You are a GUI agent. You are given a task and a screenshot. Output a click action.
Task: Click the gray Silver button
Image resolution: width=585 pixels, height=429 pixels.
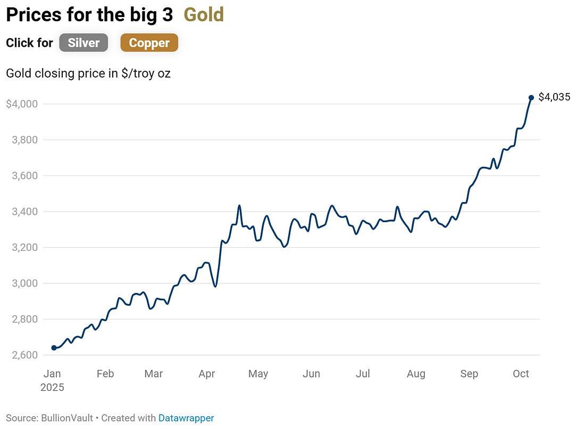click(83, 43)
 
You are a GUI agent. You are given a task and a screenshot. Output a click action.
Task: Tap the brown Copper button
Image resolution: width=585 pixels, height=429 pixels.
click(149, 43)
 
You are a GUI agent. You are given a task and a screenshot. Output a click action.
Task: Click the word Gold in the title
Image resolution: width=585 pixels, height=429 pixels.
click(204, 15)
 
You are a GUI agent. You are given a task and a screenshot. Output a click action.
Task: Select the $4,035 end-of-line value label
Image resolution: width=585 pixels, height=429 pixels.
click(554, 97)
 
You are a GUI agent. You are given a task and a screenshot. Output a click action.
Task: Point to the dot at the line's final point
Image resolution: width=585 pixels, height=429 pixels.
click(531, 98)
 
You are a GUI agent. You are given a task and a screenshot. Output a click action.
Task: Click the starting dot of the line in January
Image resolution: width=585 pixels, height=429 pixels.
click(54, 348)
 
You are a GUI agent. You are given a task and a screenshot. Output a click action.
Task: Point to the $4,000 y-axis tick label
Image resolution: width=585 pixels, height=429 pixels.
click(22, 104)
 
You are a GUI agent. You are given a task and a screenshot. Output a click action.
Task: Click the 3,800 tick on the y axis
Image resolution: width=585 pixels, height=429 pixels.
click(24, 140)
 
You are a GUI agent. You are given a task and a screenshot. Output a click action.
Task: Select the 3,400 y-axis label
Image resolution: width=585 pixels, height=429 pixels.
click(24, 212)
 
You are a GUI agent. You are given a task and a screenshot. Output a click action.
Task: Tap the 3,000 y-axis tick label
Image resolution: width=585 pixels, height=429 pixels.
click(24, 283)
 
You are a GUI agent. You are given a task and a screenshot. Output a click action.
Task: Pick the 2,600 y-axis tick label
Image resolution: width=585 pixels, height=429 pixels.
click(24, 355)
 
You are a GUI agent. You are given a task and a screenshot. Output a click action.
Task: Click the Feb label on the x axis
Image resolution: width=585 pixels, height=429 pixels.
click(105, 374)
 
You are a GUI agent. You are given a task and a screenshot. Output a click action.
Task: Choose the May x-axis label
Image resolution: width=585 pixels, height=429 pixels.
click(258, 374)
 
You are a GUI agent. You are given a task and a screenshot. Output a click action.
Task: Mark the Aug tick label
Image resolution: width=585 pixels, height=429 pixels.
click(416, 374)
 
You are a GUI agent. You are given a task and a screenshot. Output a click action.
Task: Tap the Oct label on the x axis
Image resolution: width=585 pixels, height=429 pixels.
click(521, 374)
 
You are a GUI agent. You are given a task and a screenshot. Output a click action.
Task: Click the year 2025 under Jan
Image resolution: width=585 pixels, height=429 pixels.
click(52, 388)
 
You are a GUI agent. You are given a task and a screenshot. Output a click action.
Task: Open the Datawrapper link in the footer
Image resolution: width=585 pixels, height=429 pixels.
click(186, 418)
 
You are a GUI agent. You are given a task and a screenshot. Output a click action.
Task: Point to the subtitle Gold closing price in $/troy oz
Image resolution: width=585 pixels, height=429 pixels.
click(88, 73)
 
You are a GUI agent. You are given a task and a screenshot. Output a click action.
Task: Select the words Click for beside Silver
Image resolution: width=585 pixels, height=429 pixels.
click(29, 43)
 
